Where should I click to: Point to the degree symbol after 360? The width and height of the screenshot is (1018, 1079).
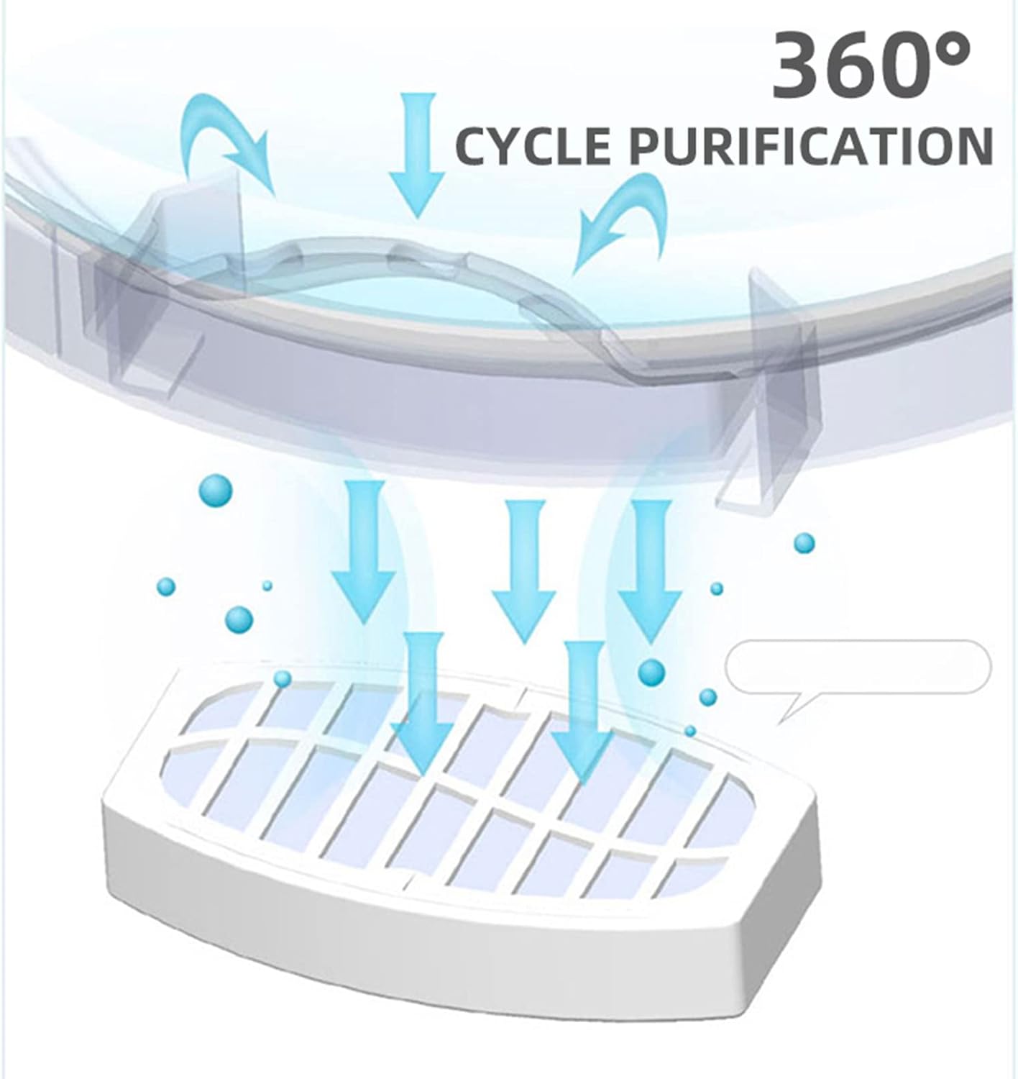coord(950,55)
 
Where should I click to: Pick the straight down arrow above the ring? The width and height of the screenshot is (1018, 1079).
coord(417,155)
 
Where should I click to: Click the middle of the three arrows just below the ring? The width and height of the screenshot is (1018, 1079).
coord(523,572)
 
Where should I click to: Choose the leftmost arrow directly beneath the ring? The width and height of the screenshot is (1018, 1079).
coord(364,552)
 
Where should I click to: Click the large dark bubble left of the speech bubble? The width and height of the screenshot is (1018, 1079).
coord(652,673)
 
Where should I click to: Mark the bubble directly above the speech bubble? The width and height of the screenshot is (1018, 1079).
coord(804,542)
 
